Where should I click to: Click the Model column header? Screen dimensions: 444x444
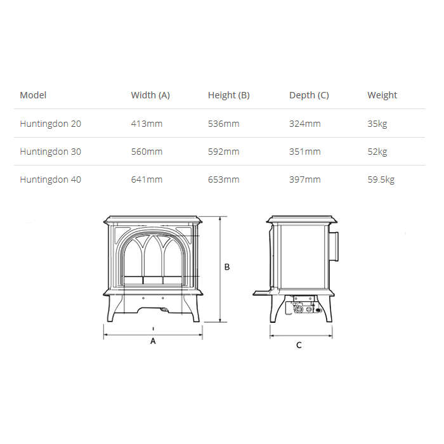33,95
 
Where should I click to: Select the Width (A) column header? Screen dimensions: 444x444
150,95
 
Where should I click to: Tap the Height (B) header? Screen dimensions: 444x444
229,95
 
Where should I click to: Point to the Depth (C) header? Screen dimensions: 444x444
309,95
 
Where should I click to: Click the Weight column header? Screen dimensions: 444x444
382,95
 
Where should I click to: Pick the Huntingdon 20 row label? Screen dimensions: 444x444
50,124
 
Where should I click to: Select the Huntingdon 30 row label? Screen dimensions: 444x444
50,152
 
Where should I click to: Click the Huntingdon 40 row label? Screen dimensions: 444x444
50,180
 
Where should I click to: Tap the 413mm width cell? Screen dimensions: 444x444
147,124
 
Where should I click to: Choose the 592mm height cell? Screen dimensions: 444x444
224,152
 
